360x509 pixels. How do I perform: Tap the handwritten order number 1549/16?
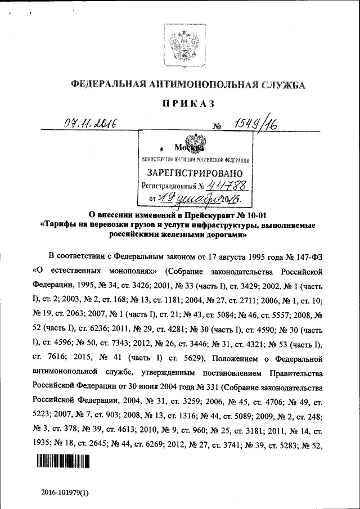249,121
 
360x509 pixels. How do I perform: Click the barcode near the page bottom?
64,462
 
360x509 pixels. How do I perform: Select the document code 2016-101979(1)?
65,492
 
